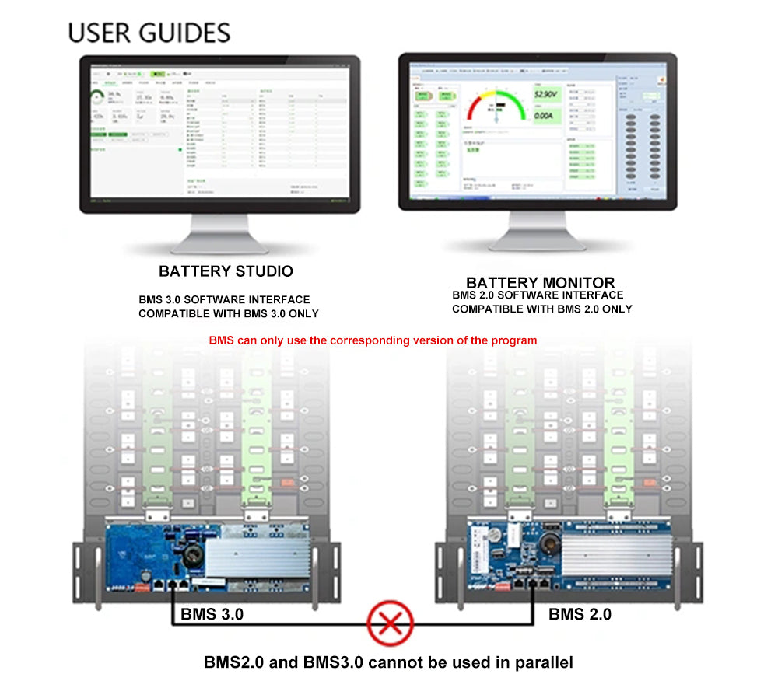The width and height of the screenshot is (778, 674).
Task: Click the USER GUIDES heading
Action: [x=149, y=32]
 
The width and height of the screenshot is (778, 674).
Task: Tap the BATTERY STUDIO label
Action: [x=226, y=271]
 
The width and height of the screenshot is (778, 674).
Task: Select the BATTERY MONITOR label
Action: [x=540, y=283]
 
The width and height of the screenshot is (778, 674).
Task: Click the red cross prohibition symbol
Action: [x=390, y=623]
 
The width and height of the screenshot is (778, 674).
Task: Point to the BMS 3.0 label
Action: [x=212, y=614]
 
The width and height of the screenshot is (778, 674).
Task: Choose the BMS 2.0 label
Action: [x=580, y=614]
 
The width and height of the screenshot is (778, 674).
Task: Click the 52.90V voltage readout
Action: [x=547, y=94]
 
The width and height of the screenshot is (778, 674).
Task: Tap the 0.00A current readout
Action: [x=545, y=115]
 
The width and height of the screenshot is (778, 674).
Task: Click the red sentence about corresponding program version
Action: [x=373, y=340]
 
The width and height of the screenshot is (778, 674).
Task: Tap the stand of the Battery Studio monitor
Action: [x=219, y=234]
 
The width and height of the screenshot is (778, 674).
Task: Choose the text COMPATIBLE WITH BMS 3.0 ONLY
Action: [x=228, y=313]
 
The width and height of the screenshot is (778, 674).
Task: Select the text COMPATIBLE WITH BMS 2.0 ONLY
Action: [x=541, y=309]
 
